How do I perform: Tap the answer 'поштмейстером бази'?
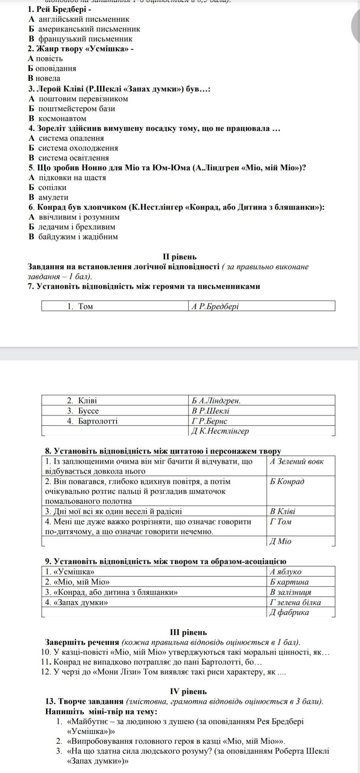coord(77,108)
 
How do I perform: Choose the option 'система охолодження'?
coord(78,148)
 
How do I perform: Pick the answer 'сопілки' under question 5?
coord(52,187)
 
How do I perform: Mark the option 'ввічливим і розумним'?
coord(79,217)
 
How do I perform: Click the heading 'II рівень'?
coord(180,256)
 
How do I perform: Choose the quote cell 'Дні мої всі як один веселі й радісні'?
coord(113,511)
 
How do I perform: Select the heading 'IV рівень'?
coord(188,691)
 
